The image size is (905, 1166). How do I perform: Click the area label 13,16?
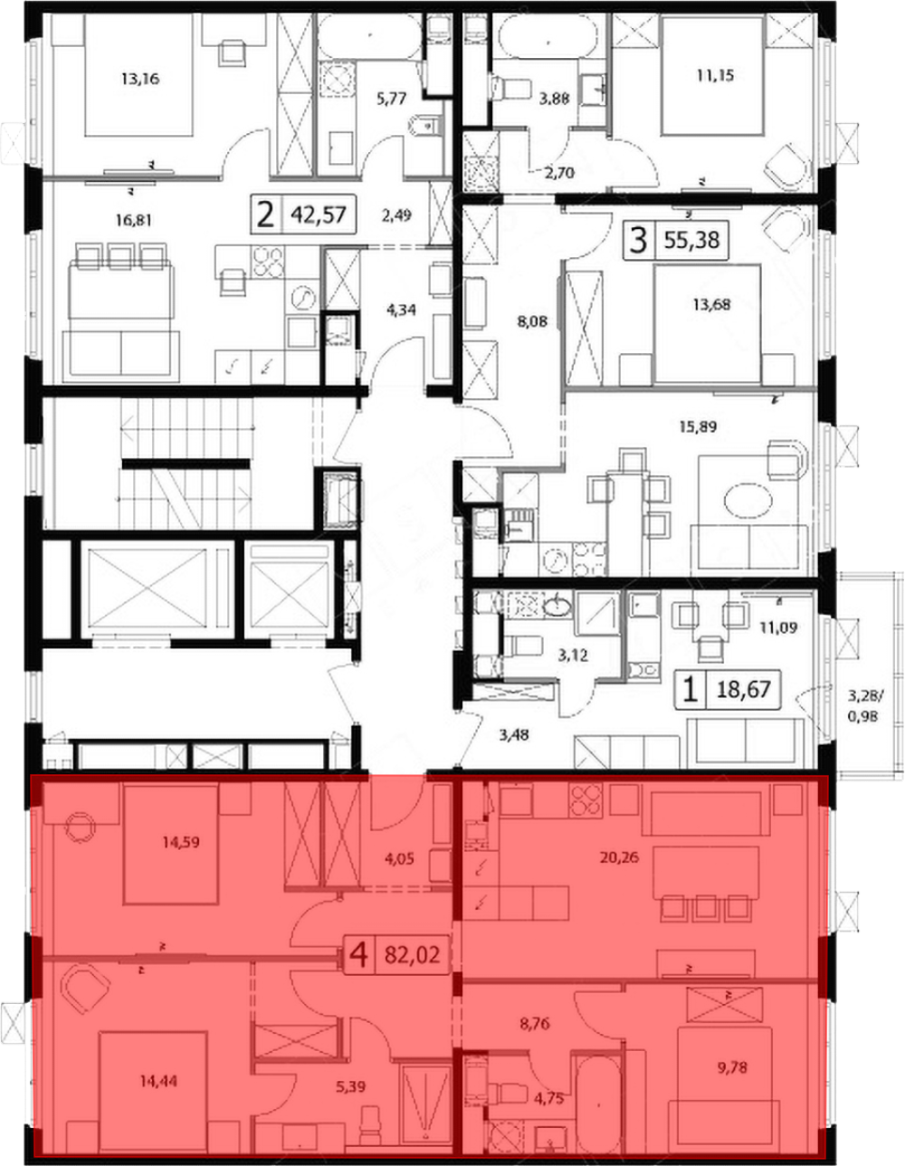pyautogui.click(x=140, y=80)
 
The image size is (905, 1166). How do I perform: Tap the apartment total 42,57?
pyautogui.click(x=319, y=215)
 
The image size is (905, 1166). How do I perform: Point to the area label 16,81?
pyautogui.click(x=132, y=220)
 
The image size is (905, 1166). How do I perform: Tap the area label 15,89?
pyautogui.click(x=698, y=427)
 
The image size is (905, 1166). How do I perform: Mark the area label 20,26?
pyautogui.click(x=620, y=857)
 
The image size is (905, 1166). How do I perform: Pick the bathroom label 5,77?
pyautogui.click(x=391, y=99)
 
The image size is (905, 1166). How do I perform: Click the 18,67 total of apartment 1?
pyautogui.click(x=744, y=689)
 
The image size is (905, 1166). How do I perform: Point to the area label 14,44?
pyautogui.click(x=157, y=1081)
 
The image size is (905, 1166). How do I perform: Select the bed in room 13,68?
pyautogui.click(x=707, y=324)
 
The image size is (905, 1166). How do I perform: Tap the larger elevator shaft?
pyautogui.click(x=147, y=588)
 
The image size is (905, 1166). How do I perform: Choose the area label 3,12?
pyautogui.click(x=572, y=655)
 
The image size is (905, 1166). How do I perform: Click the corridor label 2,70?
pyautogui.click(x=559, y=173)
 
